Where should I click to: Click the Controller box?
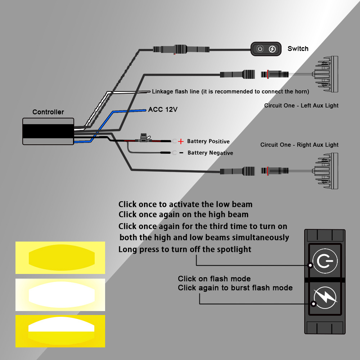tap(48, 131)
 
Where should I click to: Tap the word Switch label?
tap(298, 49)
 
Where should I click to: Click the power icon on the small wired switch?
tap(260, 49)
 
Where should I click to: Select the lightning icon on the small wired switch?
tap(273, 49)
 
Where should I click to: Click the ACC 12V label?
tap(163, 109)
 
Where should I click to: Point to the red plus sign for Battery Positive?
tap(181, 141)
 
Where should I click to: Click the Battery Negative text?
tap(210, 153)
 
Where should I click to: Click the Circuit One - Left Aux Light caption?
tap(301, 105)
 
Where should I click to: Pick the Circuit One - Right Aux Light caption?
tap(300, 145)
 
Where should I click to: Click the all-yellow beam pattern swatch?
tap(60, 258)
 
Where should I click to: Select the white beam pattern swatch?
tap(60, 294)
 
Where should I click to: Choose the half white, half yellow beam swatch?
tap(60, 331)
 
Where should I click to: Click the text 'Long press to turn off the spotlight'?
tap(185, 249)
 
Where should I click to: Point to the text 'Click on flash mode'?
tap(214, 279)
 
